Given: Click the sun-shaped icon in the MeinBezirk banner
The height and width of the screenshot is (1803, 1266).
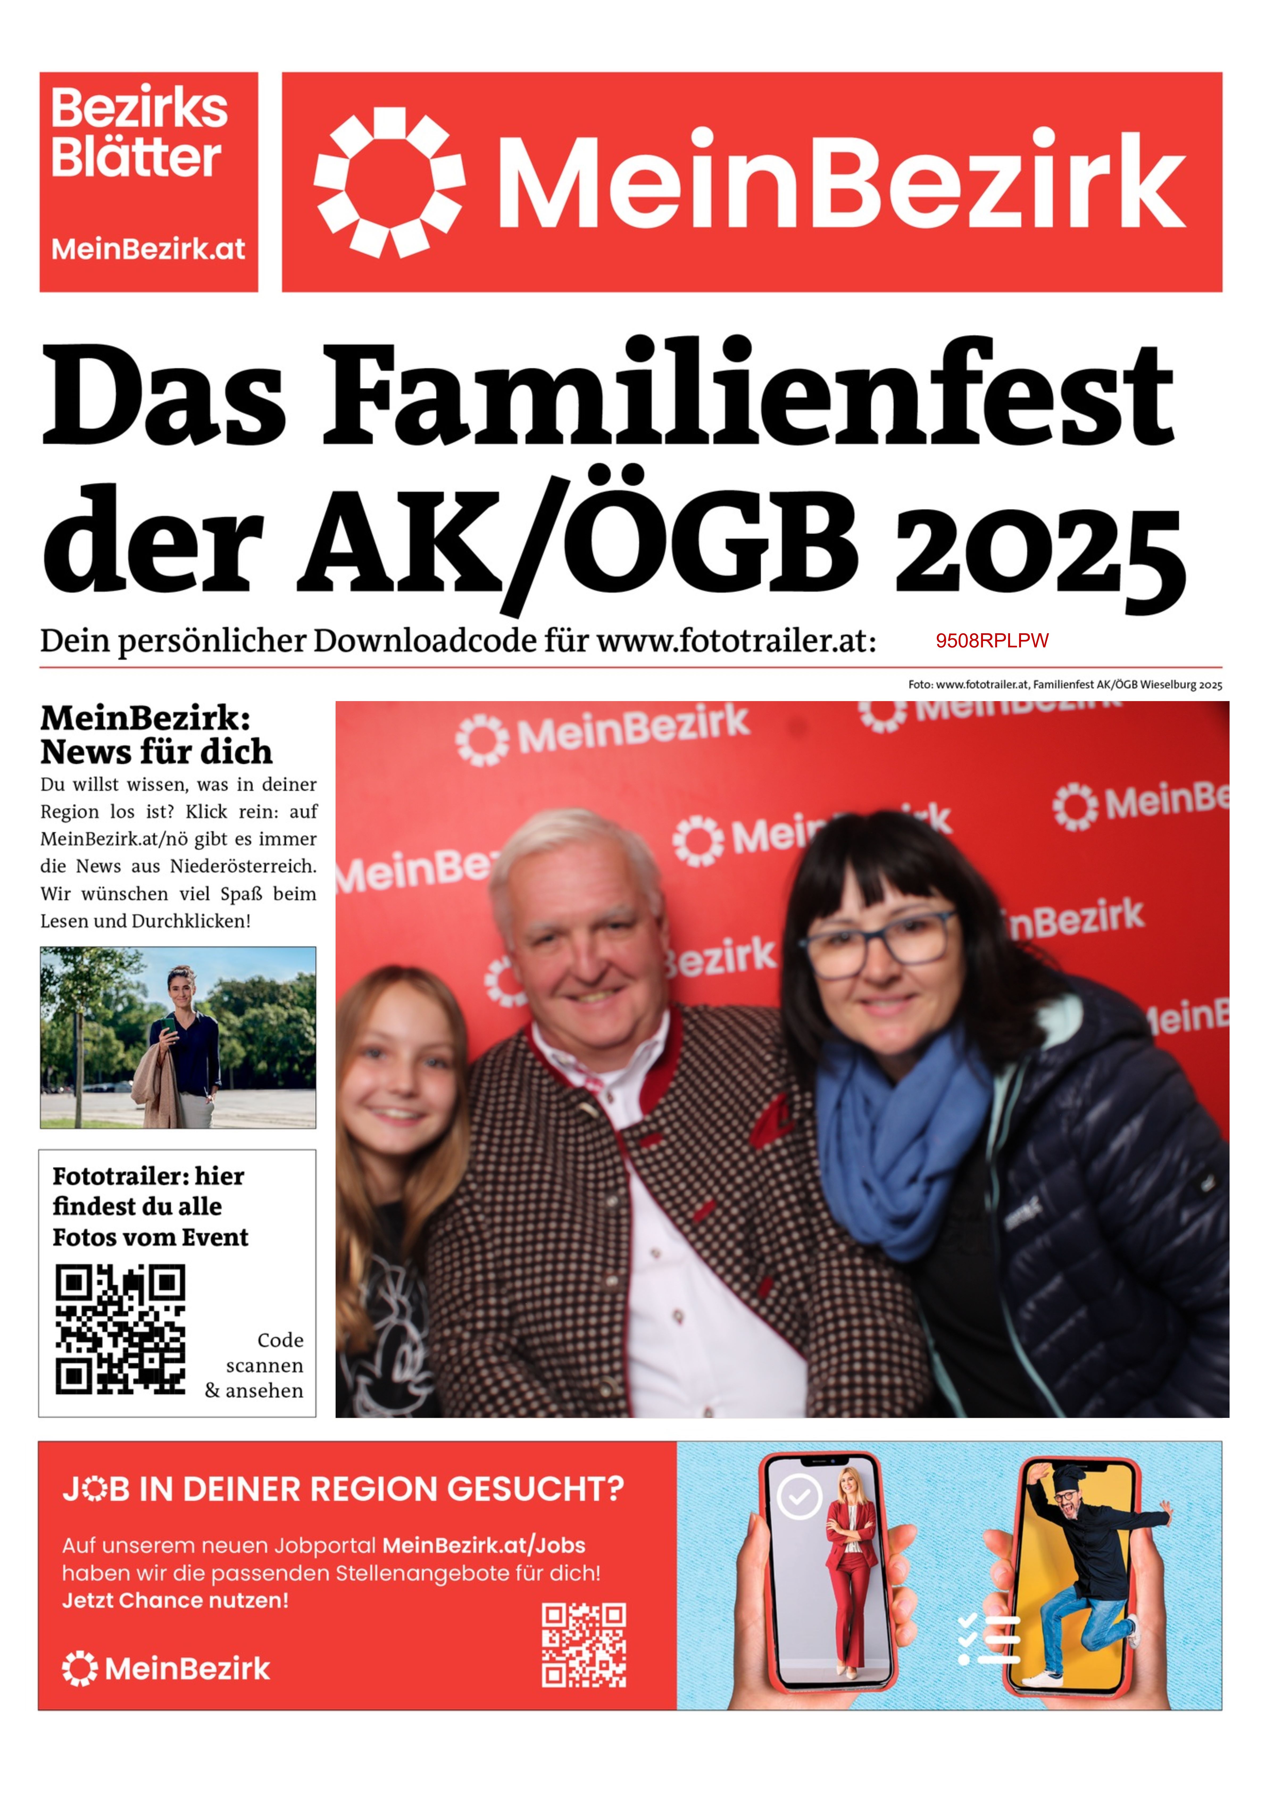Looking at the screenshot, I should (390, 182).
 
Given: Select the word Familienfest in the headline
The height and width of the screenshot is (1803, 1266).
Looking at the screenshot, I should (748, 393).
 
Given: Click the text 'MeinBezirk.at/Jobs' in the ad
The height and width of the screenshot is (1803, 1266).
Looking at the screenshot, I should (484, 1546).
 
